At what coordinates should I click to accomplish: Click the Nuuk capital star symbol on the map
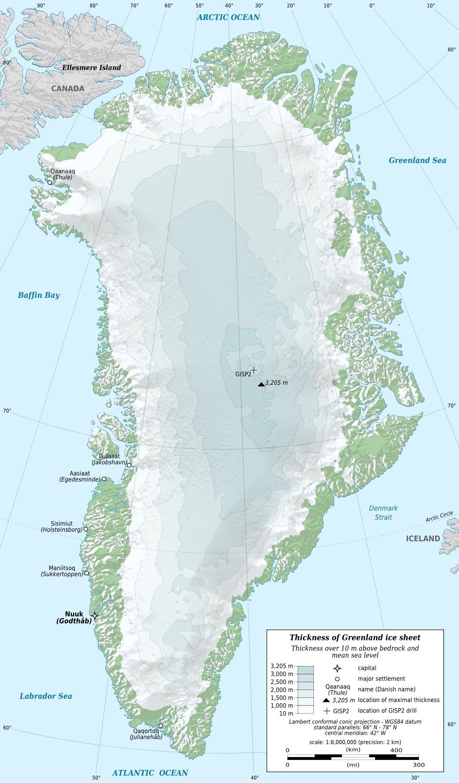[95, 616]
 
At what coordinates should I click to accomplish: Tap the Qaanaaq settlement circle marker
[50, 182]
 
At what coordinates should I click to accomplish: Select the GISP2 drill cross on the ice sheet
[254, 370]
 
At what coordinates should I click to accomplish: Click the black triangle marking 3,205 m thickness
[261, 384]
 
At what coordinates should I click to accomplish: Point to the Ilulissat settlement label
[109, 456]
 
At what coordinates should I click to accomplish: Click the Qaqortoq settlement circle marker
[160, 726]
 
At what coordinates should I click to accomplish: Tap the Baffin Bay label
[39, 295]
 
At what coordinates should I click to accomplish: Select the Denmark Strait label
[383, 513]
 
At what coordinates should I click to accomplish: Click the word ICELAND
[422, 539]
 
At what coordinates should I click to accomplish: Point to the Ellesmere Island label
[91, 67]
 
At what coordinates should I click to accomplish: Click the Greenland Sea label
[417, 160]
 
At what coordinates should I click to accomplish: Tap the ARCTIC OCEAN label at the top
[228, 17]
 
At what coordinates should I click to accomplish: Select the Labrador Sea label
[46, 696]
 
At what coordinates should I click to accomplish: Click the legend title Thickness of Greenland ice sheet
[355, 637]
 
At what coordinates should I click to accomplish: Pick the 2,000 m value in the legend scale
[282, 690]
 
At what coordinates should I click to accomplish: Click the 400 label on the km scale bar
[396, 750]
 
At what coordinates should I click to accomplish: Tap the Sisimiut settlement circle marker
[86, 529]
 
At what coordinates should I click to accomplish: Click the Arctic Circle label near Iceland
[439, 516]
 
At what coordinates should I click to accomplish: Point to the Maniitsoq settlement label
[62, 568]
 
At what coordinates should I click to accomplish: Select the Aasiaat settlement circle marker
[104, 479]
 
